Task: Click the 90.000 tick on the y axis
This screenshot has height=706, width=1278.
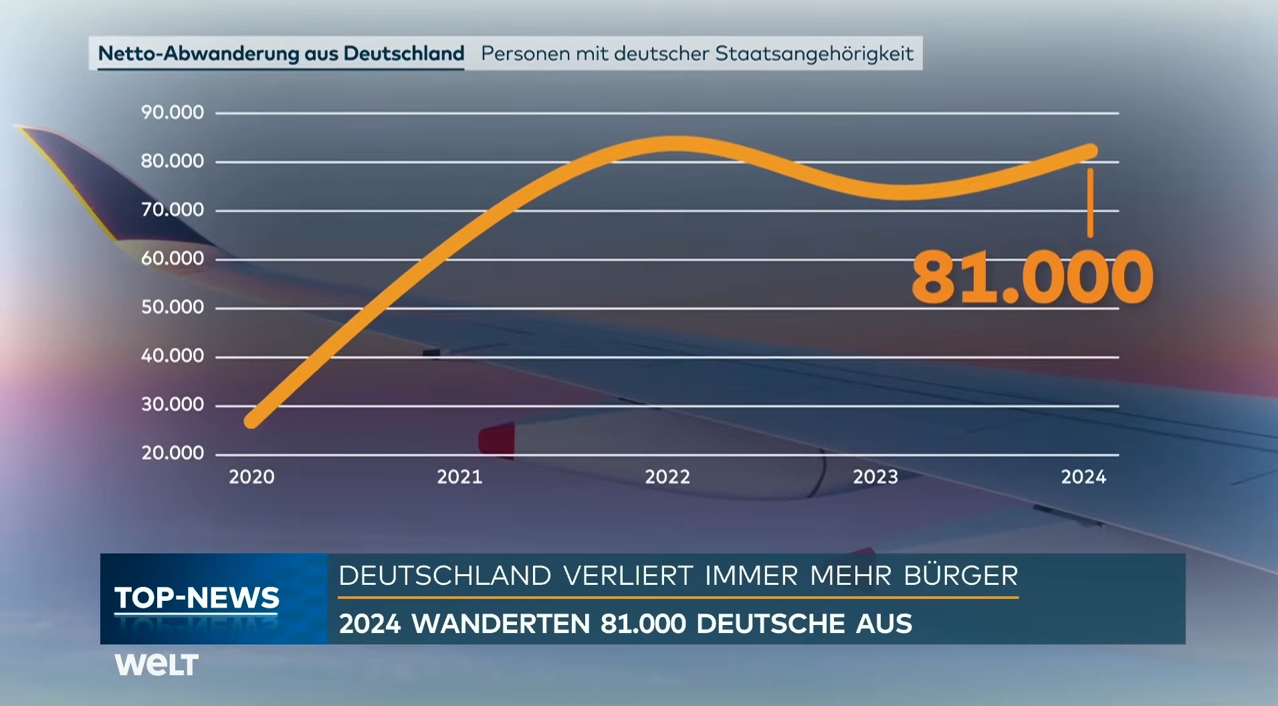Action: [172, 112]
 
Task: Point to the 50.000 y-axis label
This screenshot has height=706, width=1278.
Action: [172, 307]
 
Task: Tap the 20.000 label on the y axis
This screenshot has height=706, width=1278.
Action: [172, 453]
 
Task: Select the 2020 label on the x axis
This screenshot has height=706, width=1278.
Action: [251, 476]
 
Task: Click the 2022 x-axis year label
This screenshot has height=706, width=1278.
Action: [667, 476]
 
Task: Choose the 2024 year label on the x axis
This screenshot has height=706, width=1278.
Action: [1083, 476]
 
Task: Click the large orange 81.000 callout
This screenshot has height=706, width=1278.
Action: [1031, 277]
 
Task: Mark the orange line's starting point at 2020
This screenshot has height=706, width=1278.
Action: [252, 420]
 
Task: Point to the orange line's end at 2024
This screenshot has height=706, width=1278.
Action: [1090, 151]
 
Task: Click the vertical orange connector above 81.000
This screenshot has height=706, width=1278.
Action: [1090, 202]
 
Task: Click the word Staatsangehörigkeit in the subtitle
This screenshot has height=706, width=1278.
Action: [814, 54]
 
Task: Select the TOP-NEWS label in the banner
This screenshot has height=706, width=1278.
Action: [197, 598]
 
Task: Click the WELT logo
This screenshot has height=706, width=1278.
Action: [156, 665]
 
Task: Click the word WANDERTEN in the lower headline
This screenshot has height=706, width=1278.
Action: [500, 624]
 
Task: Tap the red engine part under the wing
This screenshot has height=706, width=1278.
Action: [497, 440]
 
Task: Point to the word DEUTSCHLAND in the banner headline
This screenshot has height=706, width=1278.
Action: [445, 576]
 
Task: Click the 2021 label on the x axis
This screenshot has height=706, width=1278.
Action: [459, 476]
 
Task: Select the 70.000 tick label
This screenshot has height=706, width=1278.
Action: [172, 210]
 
